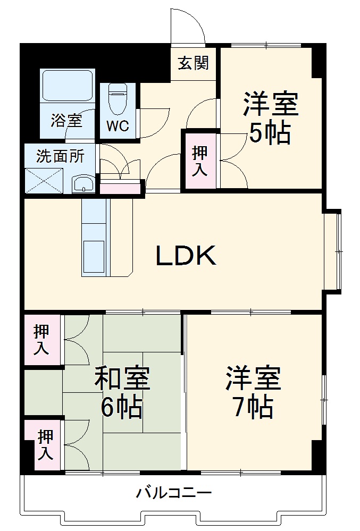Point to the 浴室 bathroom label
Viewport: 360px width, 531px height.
coord(66,120)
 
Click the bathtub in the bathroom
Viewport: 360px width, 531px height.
coord(68,85)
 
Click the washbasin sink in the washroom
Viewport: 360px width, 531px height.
coord(83,184)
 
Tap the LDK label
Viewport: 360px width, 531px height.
coord(186,256)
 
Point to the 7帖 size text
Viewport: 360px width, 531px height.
coord(253,407)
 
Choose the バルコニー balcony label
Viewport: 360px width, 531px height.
coord(173,493)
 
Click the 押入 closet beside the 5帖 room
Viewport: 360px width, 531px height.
coord(200,160)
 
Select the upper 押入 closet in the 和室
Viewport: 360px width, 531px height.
coord(42,339)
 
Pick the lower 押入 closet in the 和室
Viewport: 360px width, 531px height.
coord(45,445)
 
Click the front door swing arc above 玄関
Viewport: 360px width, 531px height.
coord(187,27)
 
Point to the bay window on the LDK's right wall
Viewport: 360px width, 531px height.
coord(333,251)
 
